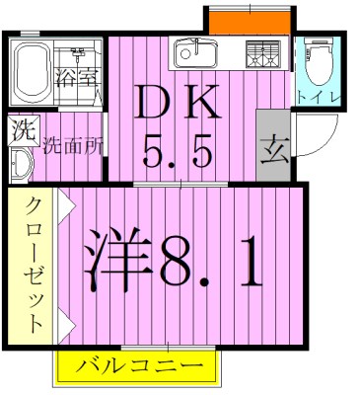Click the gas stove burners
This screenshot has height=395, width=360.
click(x=261, y=51)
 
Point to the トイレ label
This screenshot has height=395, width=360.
click(x=318, y=97)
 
